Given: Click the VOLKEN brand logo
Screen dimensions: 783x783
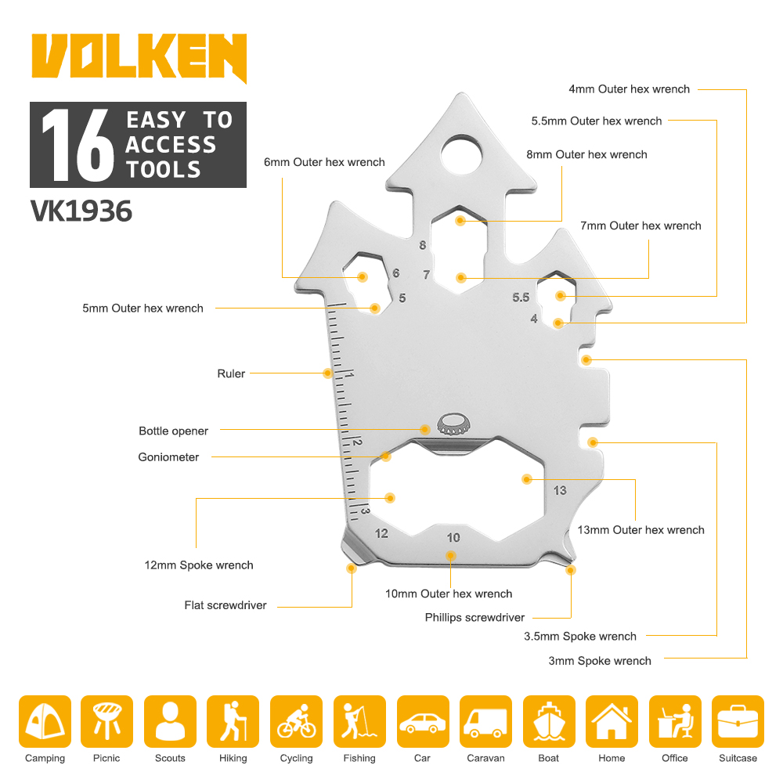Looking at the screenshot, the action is tap(139, 57).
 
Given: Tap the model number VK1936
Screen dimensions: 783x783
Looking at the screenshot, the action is tap(81, 211).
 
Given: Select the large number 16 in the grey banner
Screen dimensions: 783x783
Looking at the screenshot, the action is tap(78, 145).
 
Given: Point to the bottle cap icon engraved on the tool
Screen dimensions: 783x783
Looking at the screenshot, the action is tap(453, 424).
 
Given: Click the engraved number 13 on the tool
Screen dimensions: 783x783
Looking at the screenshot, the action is tap(560, 490).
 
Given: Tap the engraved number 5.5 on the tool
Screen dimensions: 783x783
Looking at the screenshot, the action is tap(521, 298).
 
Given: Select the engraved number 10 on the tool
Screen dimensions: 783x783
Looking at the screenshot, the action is tap(453, 537).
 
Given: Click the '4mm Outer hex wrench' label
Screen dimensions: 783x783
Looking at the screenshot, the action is tap(630, 89).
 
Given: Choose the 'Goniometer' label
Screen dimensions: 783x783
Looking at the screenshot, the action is tap(168, 457).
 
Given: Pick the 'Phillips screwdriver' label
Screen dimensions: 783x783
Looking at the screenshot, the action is tap(474, 618).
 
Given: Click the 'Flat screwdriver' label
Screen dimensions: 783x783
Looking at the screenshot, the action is tap(226, 605).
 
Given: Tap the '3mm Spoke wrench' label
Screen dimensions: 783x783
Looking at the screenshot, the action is tap(600, 661).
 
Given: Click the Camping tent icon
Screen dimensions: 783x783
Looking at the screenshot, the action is tap(45, 722).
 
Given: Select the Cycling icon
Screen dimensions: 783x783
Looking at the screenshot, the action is tap(296, 722).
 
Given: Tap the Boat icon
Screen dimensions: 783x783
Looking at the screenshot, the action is tap(549, 722).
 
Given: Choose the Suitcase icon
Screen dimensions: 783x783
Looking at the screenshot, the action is tap(738, 722).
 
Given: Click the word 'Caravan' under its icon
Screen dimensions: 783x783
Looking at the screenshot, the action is tap(485, 758).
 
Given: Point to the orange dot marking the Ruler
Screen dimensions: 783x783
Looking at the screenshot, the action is tap(327, 373).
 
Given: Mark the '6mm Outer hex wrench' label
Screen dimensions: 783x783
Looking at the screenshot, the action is tap(324, 162).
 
